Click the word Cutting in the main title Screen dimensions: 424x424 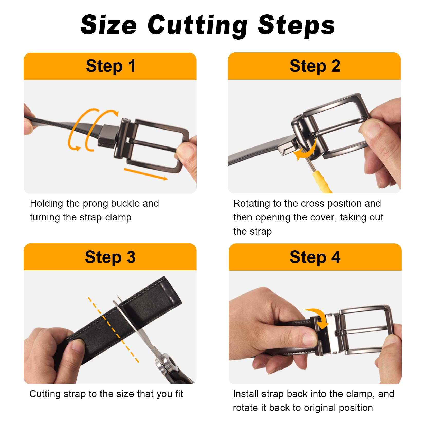[197, 25]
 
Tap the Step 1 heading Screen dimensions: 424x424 [110, 66]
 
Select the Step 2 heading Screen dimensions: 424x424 [315, 66]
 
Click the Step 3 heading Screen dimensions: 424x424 [110, 257]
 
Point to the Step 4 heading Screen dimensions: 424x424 [315, 257]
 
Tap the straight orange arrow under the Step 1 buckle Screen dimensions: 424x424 [146, 174]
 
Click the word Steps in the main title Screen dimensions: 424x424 [297, 25]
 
